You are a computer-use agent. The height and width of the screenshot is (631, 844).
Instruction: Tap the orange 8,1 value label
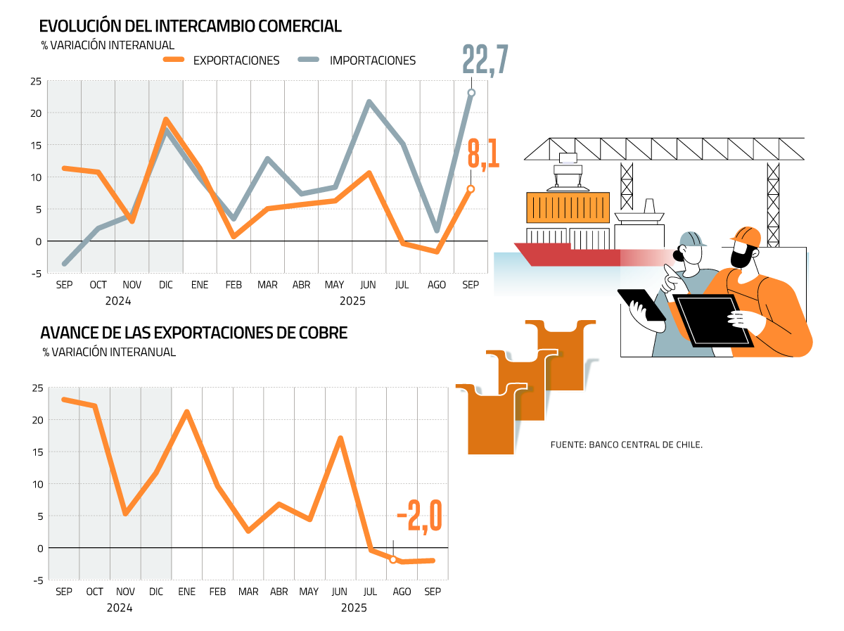[x=483, y=155]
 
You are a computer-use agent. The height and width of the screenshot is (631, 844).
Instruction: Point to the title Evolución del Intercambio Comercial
[x=191, y=27]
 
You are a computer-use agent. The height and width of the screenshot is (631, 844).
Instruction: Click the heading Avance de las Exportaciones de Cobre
[x=194, y=333]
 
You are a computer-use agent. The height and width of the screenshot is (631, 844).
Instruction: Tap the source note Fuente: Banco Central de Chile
[x=627, y=445]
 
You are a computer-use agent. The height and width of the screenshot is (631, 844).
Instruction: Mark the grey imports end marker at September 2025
[x=471, y=93]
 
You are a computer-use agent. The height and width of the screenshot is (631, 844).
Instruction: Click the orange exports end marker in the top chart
[x=471, y=189]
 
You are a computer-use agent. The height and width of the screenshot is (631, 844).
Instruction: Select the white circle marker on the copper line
[x=393, y=560]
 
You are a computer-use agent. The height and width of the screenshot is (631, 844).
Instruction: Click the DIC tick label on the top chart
[x=166, y=285]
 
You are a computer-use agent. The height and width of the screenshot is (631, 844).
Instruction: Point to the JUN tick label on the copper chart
[x=340, y=592]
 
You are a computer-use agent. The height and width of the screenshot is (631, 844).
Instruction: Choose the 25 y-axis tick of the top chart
[x=35, y=82]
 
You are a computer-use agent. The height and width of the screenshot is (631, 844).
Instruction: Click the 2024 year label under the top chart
[x=118, y=300]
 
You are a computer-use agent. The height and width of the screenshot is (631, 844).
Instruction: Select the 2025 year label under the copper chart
[x=354, y=607]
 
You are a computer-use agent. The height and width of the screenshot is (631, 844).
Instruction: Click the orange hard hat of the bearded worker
[x=746, y=235]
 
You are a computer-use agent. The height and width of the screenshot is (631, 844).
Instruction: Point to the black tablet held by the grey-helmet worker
[x=641, y=305]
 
